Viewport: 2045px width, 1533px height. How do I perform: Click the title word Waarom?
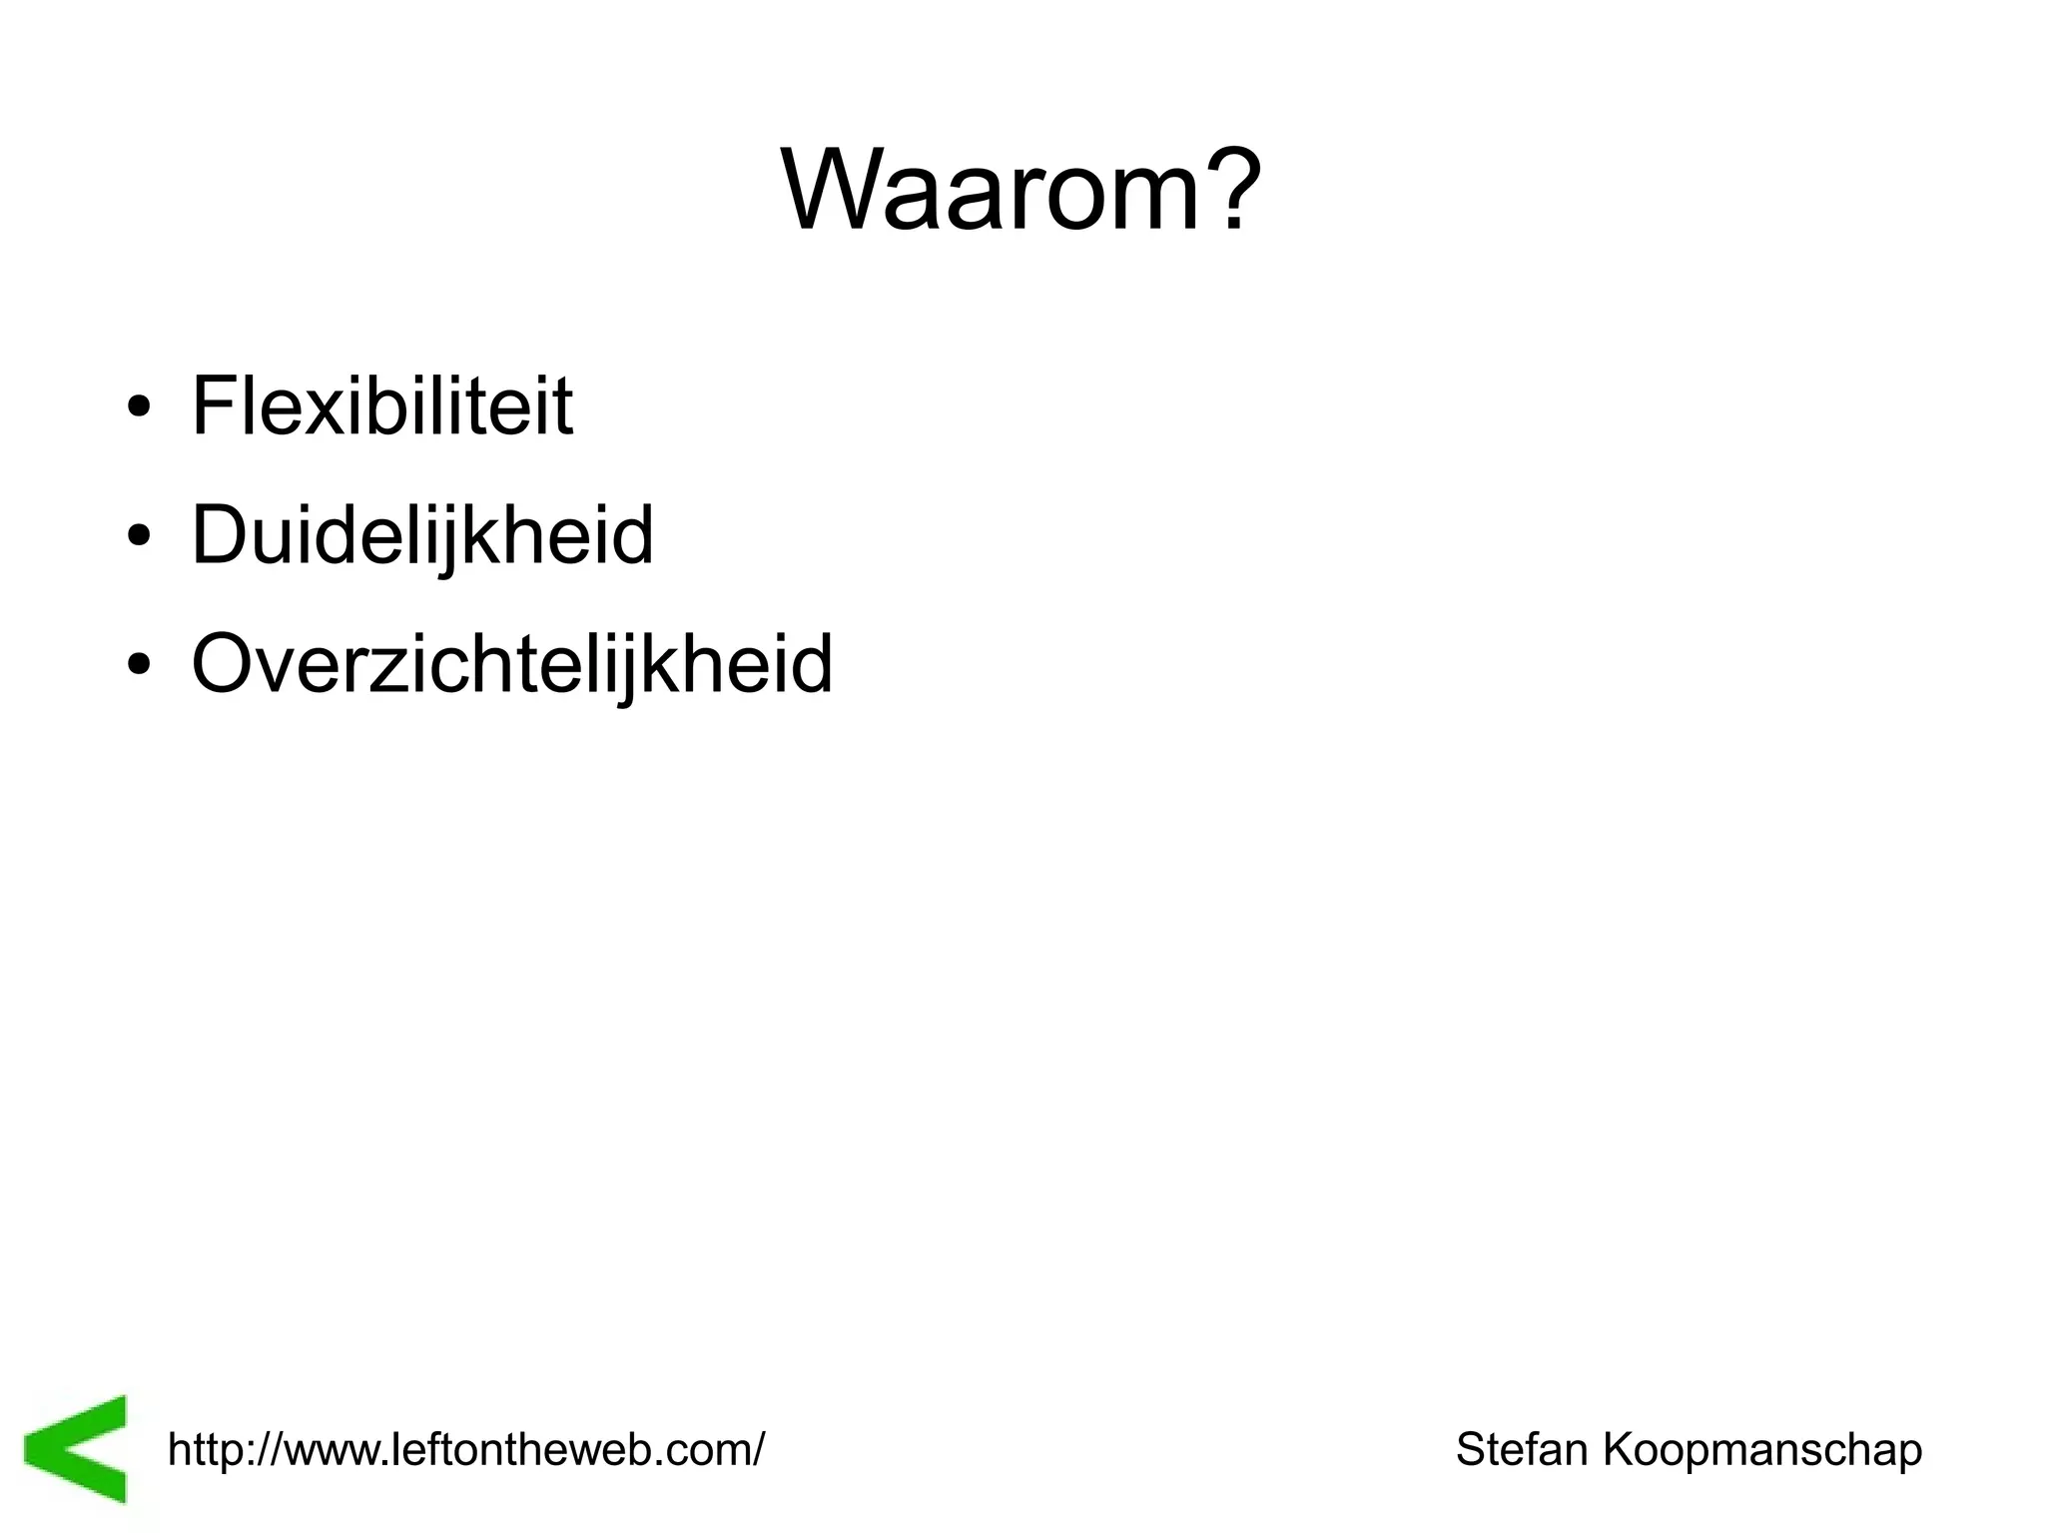[994, 190]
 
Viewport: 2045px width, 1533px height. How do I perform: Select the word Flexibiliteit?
[381, 406]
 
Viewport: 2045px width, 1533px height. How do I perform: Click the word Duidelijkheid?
[421, 536]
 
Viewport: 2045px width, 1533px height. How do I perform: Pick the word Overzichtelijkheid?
[511, 664]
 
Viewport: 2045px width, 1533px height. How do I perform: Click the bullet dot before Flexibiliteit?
[139, 409]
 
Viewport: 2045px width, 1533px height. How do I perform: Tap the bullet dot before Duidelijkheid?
[139, 538]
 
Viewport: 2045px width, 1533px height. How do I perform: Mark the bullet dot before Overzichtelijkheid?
[139, 666]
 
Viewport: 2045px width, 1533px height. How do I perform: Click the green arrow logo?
[78, 1448]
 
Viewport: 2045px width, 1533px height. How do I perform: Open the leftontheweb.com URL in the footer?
[466, 1449]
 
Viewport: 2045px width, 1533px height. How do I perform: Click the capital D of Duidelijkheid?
[220, 535]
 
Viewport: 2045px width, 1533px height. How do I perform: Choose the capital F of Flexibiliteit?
[213, 406]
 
